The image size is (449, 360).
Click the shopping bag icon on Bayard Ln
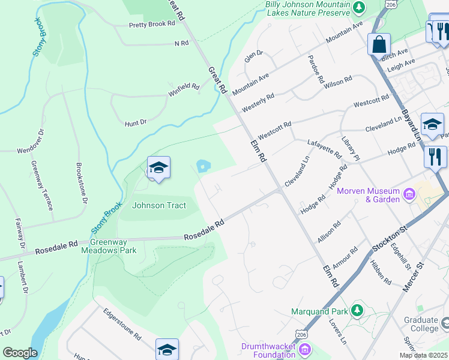(379, 44)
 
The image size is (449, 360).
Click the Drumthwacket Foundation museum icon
(305, 349)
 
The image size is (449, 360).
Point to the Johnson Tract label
(159, 205)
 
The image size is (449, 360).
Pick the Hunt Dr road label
(136, 122)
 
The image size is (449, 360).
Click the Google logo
(20, 353)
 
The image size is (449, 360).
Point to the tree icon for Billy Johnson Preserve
(359, 7)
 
